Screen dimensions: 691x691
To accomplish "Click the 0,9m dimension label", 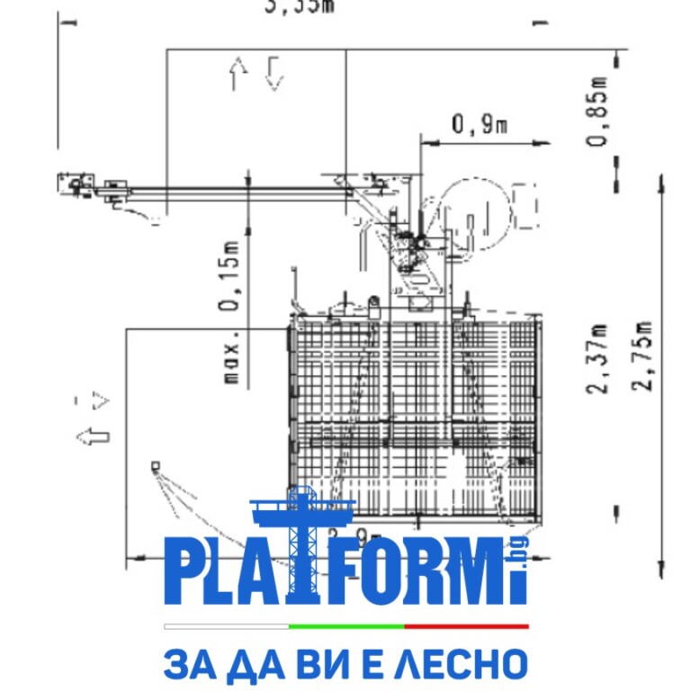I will point(480,125).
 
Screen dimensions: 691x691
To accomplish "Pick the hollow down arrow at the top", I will point(274,72).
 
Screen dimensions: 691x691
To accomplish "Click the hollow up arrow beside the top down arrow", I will point(238,73).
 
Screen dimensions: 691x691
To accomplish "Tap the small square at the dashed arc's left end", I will point(155,465).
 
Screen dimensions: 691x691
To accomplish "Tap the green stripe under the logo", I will point(346,625).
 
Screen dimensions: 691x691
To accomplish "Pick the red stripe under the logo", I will point(466,625).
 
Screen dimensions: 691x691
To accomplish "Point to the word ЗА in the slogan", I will point(186,665).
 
